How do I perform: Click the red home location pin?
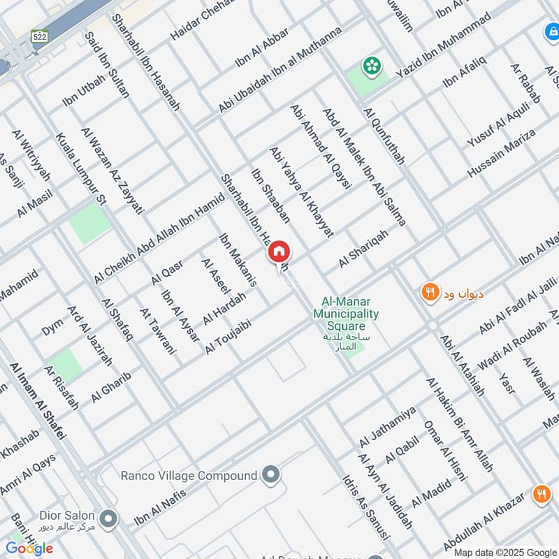(278, 252)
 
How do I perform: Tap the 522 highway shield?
(38, 35)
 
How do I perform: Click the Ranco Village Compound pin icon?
(272, 475)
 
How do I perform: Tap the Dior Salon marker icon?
(108, 519)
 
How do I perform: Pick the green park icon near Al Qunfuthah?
(371, 66)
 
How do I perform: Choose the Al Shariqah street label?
(363, 248)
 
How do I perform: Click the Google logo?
(29, 549)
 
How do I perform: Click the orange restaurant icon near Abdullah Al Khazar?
(541, 495)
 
